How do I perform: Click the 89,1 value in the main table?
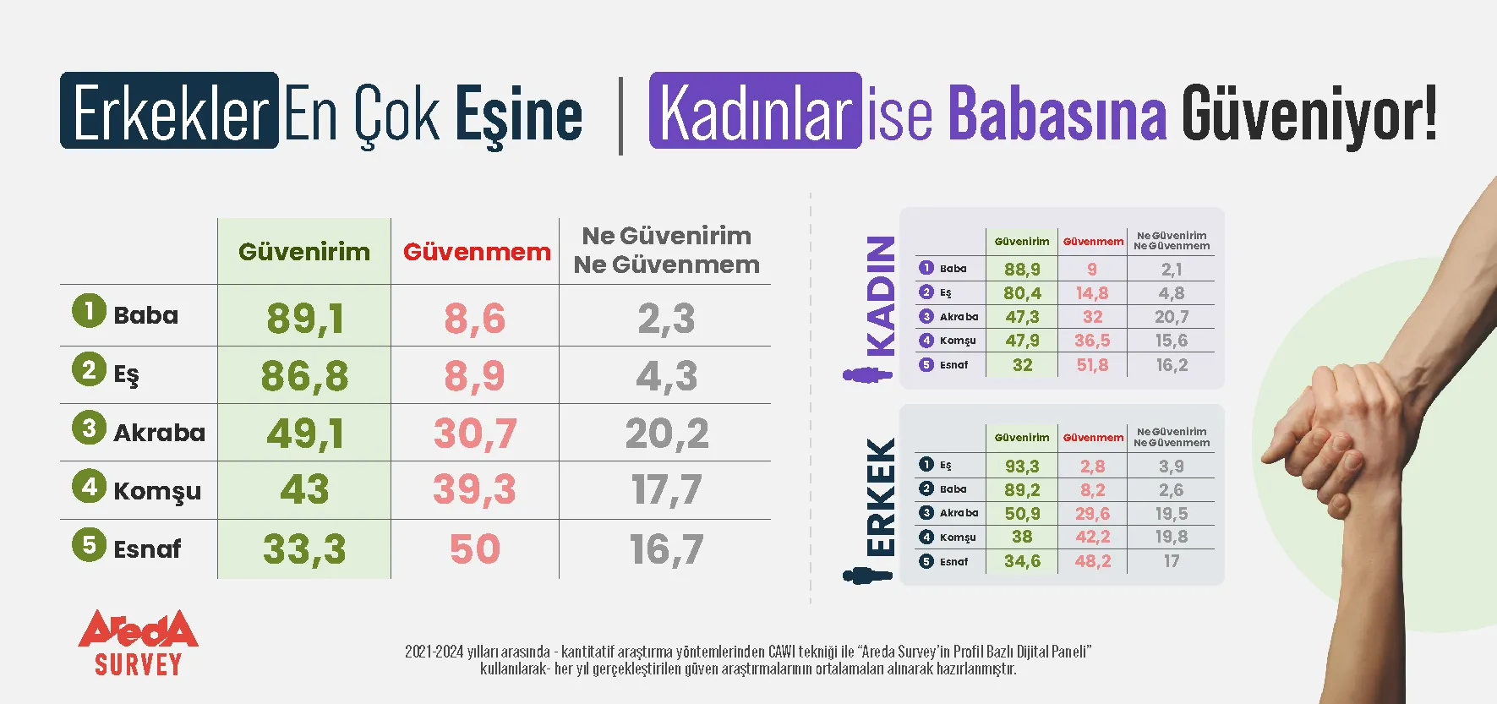pyautogui.click(x=305, y=319)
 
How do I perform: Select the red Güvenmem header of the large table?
pyautogui.click(x=477, y=252)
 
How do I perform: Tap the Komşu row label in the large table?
pyautogui.click(x=157, y=491)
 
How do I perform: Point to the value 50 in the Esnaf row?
pyautogui.click(x=475, y=549)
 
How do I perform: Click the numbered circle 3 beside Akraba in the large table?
pyautogui.click(x=89, y=428)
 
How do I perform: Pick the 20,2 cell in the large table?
pyautogui.click(x=667, y=434)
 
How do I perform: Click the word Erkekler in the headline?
pyautogui.click(x=170, y=112)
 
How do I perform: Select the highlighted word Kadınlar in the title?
pyautogui.click(x=756, y=112)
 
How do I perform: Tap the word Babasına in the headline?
pyautogui.click(x=1057, y=112)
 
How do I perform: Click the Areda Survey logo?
pyautogui.click(x=139, y=642)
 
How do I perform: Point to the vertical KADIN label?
pyautogui.click(x=881, y=296)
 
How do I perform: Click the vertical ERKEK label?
pyautogui.click(x=881, y=496)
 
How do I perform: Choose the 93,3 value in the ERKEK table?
pyautogui.click(x=1022, y=467)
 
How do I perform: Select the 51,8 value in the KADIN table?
pyautogui.click(x=1092, y=365)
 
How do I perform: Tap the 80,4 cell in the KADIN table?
pyautogui.click(x=1022, y=293)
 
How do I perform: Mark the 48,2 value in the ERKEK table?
pyautogui.click(x=1092, y=561)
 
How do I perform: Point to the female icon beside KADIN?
pyautogui.click(x=867, y=374)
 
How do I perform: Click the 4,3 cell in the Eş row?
pyautogui.click(x=667, y=376)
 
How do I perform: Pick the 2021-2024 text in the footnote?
pyautogui.click(x=434, y=652)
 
